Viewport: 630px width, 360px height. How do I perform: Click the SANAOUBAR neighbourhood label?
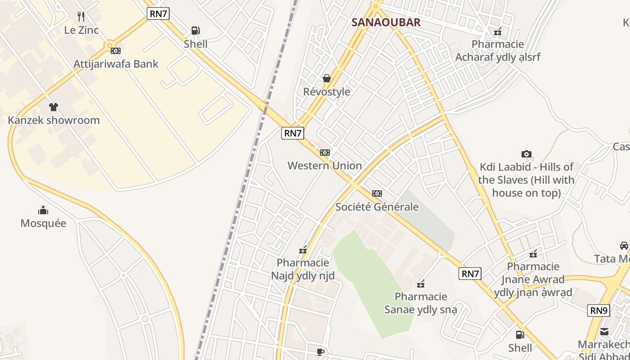(x=386, y=22)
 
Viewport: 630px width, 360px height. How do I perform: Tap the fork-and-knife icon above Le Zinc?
(x=81, y=17)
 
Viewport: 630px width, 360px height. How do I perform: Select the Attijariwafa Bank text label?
(x=116, y=64)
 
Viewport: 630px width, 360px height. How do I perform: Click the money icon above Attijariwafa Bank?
(x=116, y=51)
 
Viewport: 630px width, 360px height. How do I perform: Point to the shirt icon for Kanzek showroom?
(x=54, y=107)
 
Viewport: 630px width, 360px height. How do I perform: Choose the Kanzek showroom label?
(x=54, y=120)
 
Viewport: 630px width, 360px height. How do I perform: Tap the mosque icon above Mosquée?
(x=43, y=210)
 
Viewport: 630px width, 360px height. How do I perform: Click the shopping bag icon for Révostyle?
(x=327, y=78)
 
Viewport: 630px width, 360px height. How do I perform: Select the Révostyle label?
(x=327, y=92)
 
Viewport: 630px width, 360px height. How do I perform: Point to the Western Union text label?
(x=324, y=166)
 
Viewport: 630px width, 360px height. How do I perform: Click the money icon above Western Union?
(x=324, y=153)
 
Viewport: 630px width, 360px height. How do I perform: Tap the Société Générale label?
(x=377, y=207)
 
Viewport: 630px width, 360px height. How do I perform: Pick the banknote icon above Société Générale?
(x=377, y=193)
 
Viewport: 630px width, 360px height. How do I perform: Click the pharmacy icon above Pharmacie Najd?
(x=303, y=250)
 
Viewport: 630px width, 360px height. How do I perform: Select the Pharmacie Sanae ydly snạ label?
(x=421, y=303)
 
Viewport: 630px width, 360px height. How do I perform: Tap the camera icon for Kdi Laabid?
(x=526, y=154)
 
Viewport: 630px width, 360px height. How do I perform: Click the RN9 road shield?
(x=599, y=310)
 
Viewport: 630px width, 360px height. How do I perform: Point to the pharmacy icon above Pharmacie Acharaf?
(x=498, y=31)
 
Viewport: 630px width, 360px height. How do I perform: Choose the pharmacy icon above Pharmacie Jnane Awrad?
(x=533, y=254)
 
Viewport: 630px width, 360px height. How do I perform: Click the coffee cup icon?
(x=320, y=352)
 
